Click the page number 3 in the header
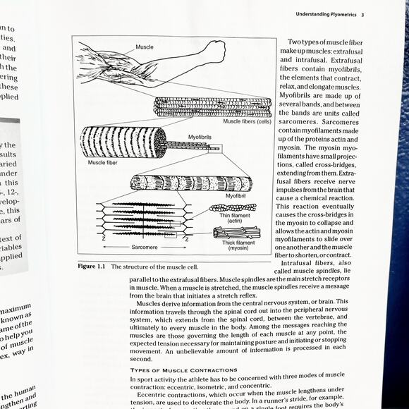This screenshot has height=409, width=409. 362,14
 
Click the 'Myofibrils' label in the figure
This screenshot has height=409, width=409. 199,136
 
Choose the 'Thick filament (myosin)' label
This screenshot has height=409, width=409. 238,245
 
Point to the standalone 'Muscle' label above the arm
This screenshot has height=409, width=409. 145,47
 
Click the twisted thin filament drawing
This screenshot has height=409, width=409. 233,207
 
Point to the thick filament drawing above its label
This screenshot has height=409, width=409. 237,232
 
